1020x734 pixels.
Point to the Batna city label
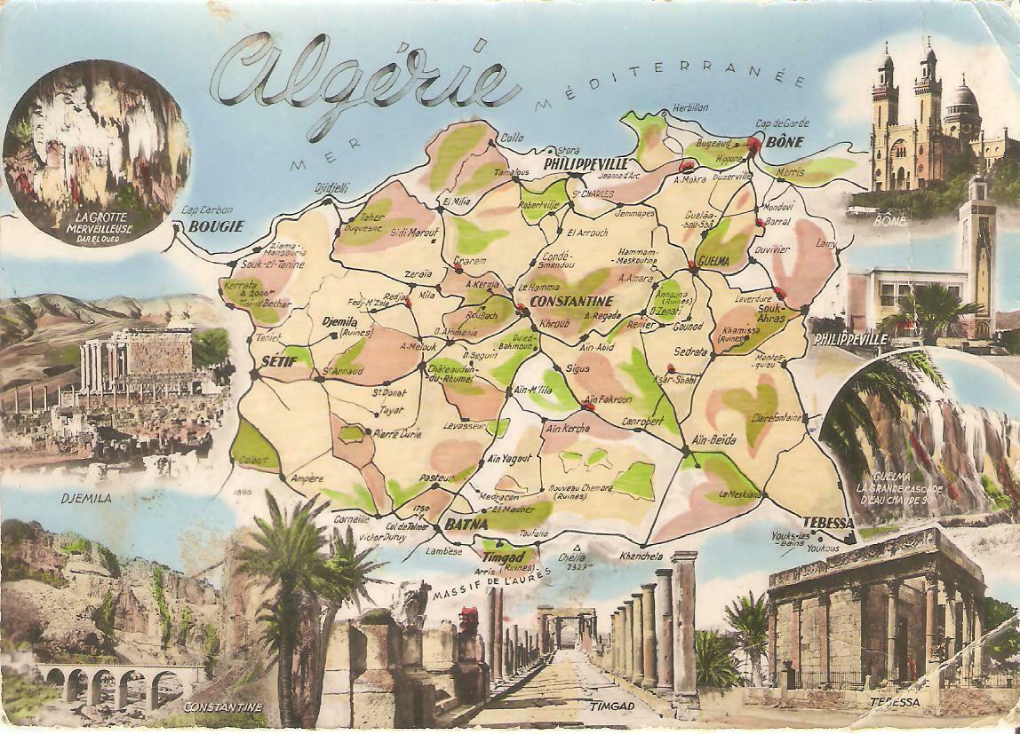click(x=466, y=524)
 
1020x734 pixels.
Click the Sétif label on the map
click(x=278, y=361)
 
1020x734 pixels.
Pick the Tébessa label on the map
click(x=827, y=522)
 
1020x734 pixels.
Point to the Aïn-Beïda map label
click(x=713, y=438)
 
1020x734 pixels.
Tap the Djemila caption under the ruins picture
click(x=86, y=498)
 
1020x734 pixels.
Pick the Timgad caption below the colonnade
click(x=614, y=706)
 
